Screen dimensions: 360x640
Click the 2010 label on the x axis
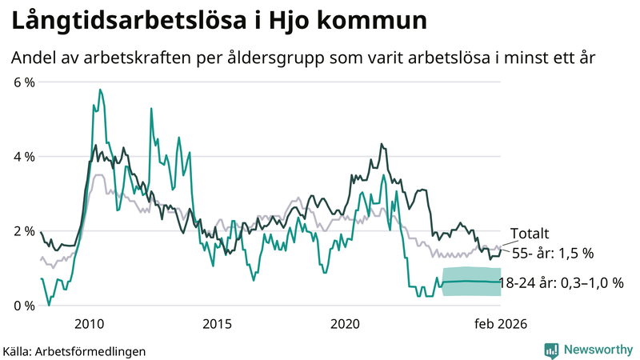[88, 323]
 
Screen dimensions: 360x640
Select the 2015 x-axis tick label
[217, 323]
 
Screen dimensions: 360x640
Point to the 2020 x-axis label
[345, 323]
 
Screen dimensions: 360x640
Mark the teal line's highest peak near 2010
[100, 90]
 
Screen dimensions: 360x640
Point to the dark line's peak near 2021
[382, 145]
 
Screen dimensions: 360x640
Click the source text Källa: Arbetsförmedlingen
[74, 350]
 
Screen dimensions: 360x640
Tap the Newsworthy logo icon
[551, 350]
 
